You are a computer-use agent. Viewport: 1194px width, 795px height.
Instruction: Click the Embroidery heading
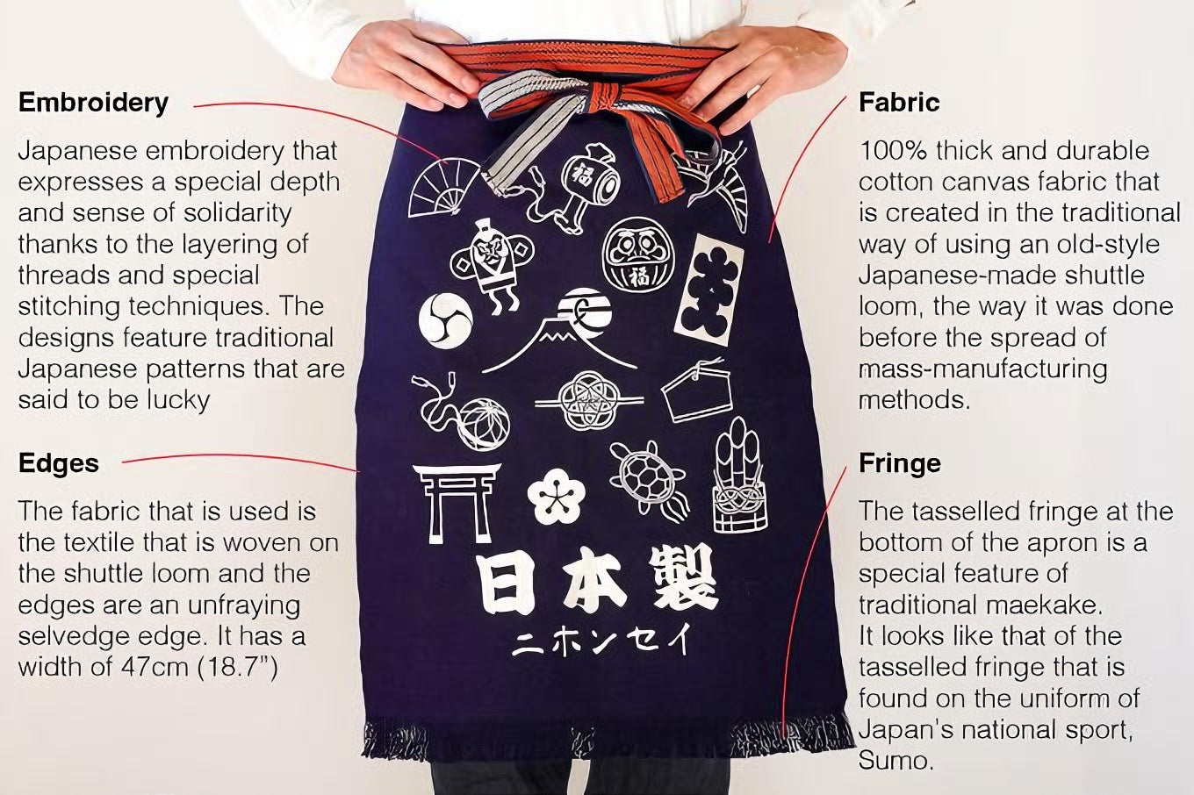(93, 103)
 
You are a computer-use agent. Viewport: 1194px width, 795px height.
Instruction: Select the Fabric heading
(899, 103)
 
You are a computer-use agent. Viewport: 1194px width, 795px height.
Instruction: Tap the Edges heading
(59, 463)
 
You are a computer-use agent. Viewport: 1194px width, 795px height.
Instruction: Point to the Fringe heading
(900, 463)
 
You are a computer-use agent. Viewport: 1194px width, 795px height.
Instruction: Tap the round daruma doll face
(638, 254)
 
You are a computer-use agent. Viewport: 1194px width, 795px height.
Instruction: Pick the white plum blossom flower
(556, 496)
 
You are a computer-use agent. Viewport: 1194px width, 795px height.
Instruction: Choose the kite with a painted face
(491, 262)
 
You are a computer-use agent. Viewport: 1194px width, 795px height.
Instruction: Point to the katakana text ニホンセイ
(601, 641)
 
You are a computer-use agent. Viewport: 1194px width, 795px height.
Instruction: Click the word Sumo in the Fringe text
(895, 760)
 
